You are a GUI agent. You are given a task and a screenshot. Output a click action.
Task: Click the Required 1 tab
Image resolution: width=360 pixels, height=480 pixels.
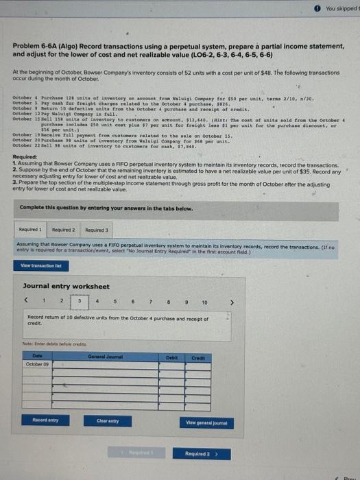point(30,229)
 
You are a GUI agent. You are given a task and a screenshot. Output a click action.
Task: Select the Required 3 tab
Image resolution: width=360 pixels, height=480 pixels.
point(96,229)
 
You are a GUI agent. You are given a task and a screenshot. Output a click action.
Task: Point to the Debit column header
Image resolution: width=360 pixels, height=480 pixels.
point(172,357)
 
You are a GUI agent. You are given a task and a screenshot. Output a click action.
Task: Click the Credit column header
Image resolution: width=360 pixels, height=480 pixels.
point(199,357)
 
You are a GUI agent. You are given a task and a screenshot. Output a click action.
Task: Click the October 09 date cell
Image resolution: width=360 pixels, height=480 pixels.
point(45,365)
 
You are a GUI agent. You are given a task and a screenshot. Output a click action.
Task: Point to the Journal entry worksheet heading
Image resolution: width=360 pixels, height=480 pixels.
point(66,286)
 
